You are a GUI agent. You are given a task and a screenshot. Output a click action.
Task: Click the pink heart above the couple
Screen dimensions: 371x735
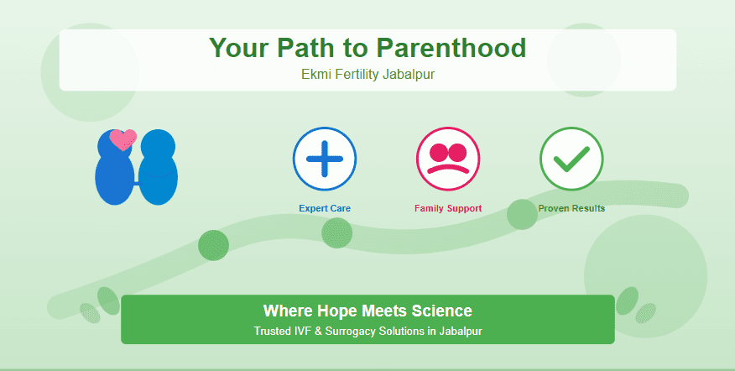(x=123, y=138)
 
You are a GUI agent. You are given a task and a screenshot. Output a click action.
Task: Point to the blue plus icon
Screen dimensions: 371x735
(x=325, y=159)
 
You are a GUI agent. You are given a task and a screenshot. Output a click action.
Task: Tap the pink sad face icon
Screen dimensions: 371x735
(x=448, y=159)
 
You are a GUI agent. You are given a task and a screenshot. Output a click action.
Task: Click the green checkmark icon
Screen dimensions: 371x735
(x=571, y=159)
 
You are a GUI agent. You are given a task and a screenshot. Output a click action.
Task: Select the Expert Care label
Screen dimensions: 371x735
(x=325, y=208)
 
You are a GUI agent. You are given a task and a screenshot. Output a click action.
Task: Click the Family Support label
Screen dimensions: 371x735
(x=448, y=208)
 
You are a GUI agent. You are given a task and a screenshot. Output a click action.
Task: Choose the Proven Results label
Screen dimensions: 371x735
(x=571, y=208)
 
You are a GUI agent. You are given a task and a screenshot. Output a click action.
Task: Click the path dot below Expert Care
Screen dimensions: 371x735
(x=336, y=233)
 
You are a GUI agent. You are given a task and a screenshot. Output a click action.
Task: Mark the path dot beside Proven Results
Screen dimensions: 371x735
(x=522, y=214)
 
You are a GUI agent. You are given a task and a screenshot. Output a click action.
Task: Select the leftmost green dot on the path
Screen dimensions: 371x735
(x=213, y=245)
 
